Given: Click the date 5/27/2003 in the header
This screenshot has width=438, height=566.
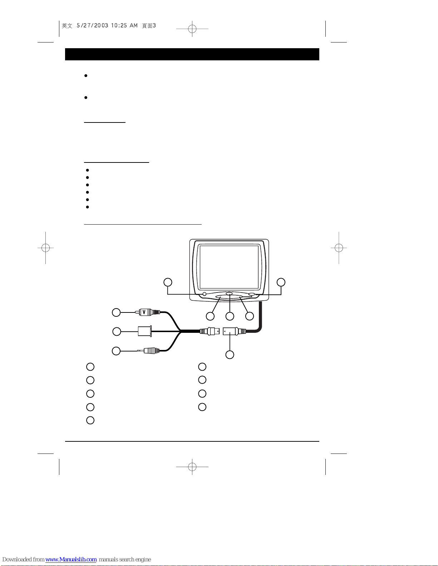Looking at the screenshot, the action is [92, 26].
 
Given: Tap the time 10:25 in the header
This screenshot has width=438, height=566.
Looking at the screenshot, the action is [119, 26].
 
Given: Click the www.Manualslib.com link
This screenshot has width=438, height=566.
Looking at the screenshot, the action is [71, 559].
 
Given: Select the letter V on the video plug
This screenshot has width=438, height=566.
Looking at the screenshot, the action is [144, 312].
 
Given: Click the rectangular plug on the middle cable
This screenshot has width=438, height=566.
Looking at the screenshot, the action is [144, 331].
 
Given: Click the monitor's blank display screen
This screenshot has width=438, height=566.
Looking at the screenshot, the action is [229, 266].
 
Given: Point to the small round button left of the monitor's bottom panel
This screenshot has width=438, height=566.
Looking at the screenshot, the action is [205, 294].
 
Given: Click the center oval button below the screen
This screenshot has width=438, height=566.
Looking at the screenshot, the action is [230, 294].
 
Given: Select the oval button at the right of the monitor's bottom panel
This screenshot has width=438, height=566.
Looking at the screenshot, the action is [252, 294].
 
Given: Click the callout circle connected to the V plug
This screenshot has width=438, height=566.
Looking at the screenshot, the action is [116, 312].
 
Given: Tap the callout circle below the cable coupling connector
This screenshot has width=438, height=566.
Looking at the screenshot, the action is [230, 354].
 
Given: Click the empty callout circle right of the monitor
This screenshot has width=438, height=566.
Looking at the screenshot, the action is [281, 282].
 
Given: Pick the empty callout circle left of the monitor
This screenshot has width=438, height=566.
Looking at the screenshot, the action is [167, 282].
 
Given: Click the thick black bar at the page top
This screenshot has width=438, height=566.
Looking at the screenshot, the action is [192, 54].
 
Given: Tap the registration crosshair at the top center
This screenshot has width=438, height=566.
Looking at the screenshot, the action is [192, 29].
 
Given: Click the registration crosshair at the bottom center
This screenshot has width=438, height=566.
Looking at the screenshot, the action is [192, 466].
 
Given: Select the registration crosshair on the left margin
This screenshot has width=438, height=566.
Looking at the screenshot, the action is [45, 247].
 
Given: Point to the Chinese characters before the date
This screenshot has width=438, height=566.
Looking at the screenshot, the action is [67, 26].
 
